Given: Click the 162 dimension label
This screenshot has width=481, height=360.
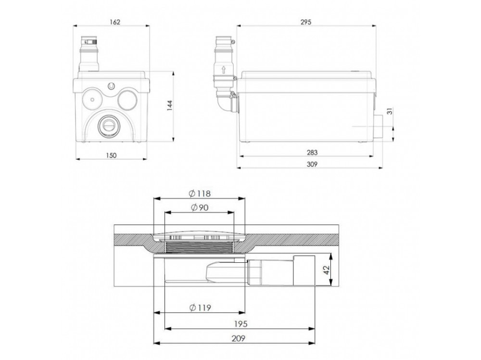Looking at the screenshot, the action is tap(115, 22).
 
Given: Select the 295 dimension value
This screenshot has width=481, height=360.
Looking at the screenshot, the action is tap(306, 22).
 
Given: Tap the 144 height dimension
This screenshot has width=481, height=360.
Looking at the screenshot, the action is tap(170, 105).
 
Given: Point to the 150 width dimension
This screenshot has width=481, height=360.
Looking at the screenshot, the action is tap(111, 155).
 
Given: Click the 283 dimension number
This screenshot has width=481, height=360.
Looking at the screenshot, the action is tap(312, 153).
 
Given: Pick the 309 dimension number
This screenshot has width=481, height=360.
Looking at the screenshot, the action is tap(312, 164).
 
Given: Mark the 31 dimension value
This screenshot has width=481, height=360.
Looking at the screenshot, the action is tap(390, 111).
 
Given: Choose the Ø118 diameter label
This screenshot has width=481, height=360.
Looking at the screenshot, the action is tap(200, 193).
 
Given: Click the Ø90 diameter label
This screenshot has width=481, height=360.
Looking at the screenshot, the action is tap(200, 208).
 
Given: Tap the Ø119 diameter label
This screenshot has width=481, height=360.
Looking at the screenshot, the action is tap(200, 308).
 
